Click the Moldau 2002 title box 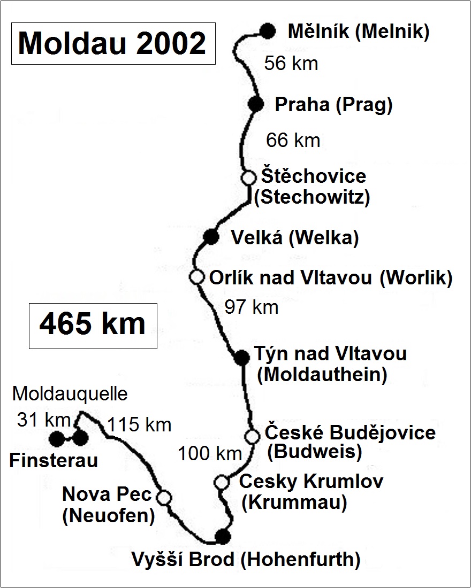tap(113, 43)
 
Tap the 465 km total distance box tap(93, 326)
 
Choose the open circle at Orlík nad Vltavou tap(197, 277)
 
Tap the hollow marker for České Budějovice tap(252, 436)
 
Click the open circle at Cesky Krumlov tap(222, 482)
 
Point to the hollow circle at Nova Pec tap(164, 497)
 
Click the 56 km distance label tap(291, 64)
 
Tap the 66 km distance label tap(293, 141)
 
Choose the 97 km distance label tap(252, 307)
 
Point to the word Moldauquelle tap(70, 394)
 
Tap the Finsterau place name tap(54, 461)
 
